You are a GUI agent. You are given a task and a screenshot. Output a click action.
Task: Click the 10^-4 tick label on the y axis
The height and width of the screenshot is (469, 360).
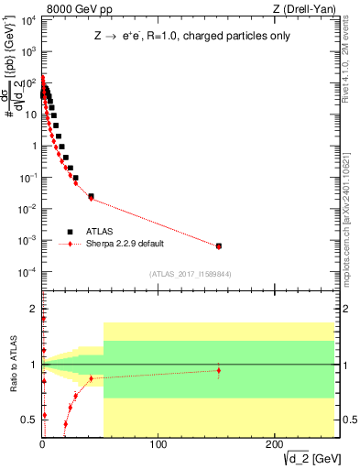click(x=25, y=272)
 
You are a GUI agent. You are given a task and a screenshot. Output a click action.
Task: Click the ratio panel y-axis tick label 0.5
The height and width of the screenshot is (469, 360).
click(x=29, y=420)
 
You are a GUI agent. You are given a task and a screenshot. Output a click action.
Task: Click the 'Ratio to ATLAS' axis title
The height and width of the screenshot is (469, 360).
click(x=11, y=365)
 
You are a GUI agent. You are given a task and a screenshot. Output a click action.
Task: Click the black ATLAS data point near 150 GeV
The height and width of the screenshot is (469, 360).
click(x=218, y=245)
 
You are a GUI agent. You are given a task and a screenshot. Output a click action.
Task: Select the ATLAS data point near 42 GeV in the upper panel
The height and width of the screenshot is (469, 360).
click(x=91, y=196)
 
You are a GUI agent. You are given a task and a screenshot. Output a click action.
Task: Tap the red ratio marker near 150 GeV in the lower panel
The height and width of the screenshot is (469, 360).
click(x=218, y=370)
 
